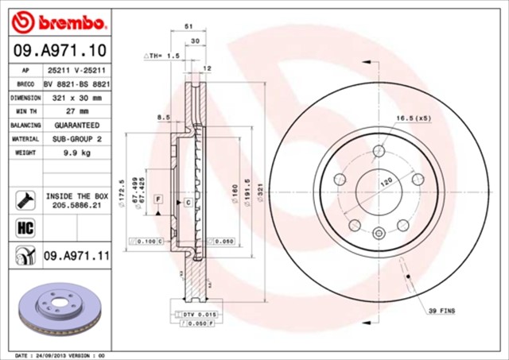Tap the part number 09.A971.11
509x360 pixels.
(x=76, y=256)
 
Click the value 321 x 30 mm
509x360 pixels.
(x=76, y=98)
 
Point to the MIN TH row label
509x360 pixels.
(x=25, y=112)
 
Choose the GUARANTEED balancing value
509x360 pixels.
(x=76, y=126)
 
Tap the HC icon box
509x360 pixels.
(x=24, y=229)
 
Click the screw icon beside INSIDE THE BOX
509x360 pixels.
(x=24, y=198)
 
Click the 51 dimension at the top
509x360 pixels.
(x=188, y=26)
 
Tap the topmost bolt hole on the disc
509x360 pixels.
(x=379, y=149)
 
